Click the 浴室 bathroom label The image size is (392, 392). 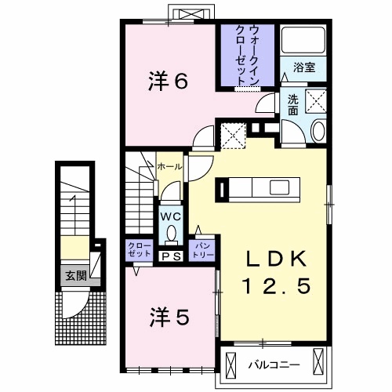coord(304,68)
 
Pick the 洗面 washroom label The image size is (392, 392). coord(292,104)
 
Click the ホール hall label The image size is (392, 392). coord(170,167)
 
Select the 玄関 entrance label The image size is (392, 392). coord(75,275)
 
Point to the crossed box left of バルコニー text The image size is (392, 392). coord(232,363)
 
